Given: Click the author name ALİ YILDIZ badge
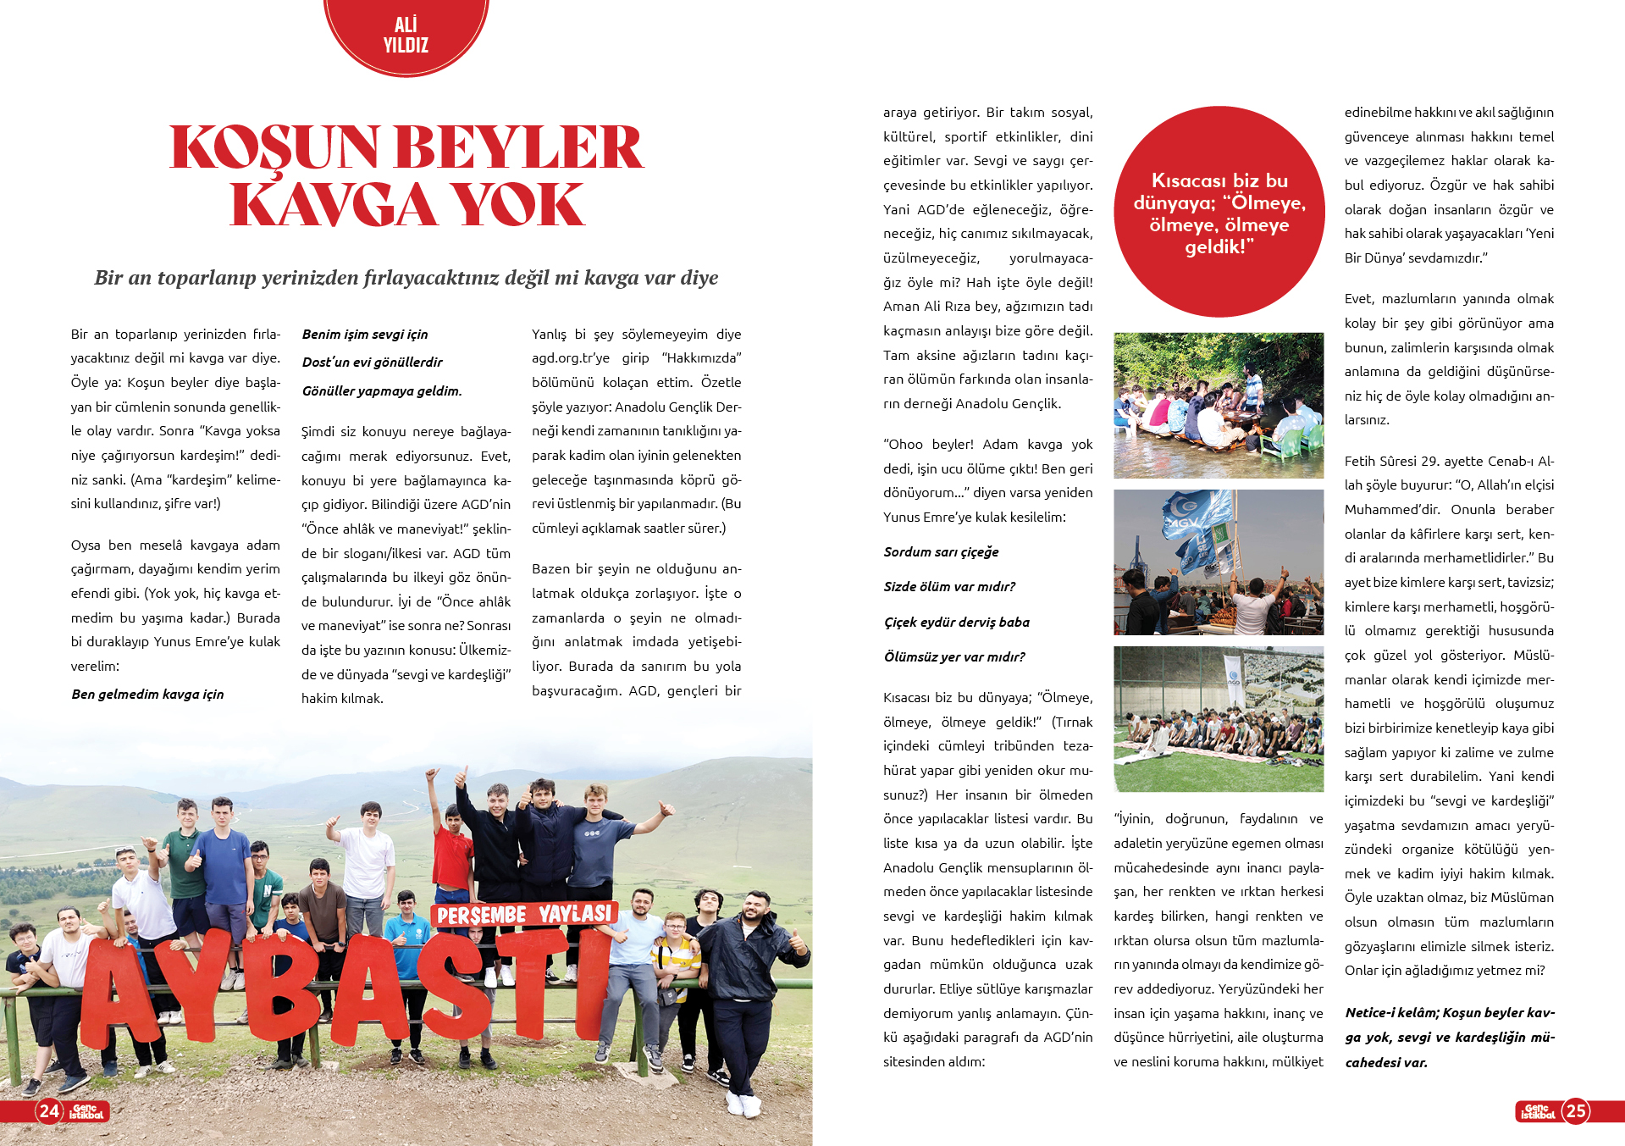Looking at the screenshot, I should (x=406, y=35).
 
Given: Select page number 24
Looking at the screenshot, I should (x=49, y=1110).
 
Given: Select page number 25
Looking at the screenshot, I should (x=1576, y=1110).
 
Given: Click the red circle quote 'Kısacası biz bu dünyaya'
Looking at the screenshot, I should (x=1219, y=213).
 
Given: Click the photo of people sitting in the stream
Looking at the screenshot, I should (x=1218, y=405).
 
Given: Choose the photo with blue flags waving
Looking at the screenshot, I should (x=1218, y=562).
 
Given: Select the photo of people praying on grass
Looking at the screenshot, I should (x=1218, y=718).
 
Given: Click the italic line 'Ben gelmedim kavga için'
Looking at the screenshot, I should (x=148, y=695).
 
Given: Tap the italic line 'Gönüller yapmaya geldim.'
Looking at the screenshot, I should (x=382, y=391).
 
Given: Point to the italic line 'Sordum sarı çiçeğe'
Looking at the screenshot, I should (x=941, y=552).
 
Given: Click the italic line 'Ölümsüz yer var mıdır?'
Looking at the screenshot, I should (x=954, y=657).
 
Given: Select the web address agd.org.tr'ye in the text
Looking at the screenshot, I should (x=570, y=358).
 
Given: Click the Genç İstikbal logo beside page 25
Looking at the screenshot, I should (x=1537, y=1111).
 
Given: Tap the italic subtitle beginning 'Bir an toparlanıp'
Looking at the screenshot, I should (x=406, y=278).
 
